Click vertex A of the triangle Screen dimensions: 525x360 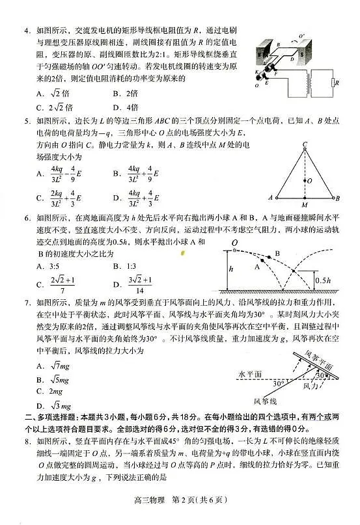point(270,197)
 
